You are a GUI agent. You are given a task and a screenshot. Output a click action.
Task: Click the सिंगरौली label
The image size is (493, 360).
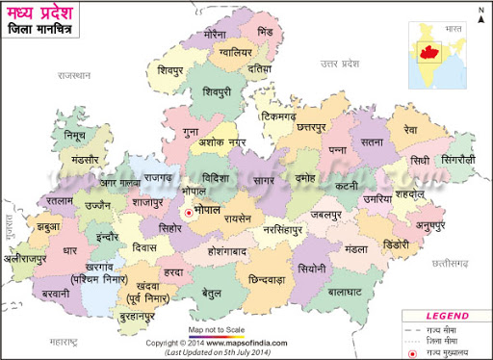(453, 158)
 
